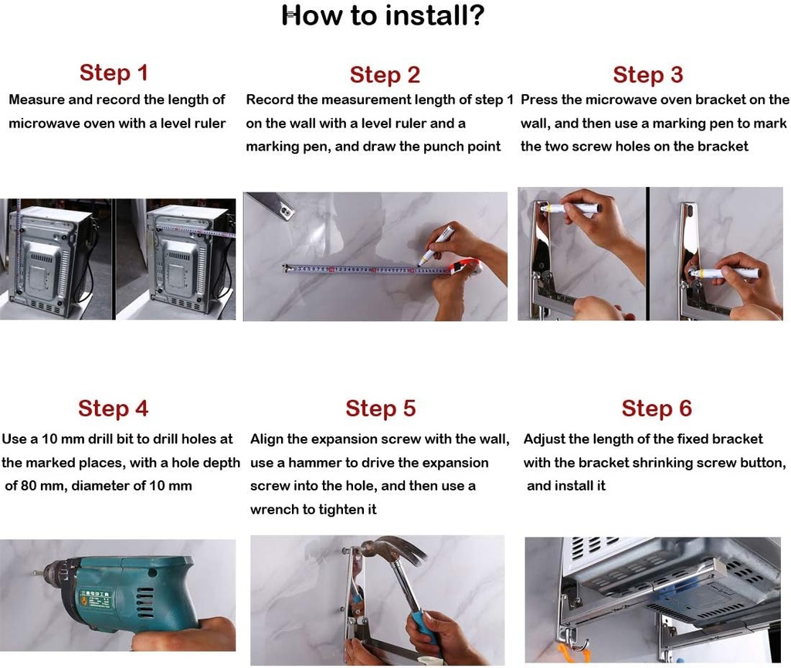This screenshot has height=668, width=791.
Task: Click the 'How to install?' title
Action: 383,15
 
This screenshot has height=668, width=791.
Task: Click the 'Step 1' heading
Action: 114,73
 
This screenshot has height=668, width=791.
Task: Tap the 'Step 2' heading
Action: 385,75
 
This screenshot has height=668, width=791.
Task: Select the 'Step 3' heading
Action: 648,75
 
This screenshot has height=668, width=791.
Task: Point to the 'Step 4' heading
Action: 113,409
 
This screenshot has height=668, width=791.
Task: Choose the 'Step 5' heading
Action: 380,409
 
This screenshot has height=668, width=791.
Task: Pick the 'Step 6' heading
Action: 657,409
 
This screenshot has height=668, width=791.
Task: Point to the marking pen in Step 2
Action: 436,246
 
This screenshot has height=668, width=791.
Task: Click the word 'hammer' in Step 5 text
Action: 314,463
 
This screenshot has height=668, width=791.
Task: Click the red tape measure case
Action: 465,267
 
